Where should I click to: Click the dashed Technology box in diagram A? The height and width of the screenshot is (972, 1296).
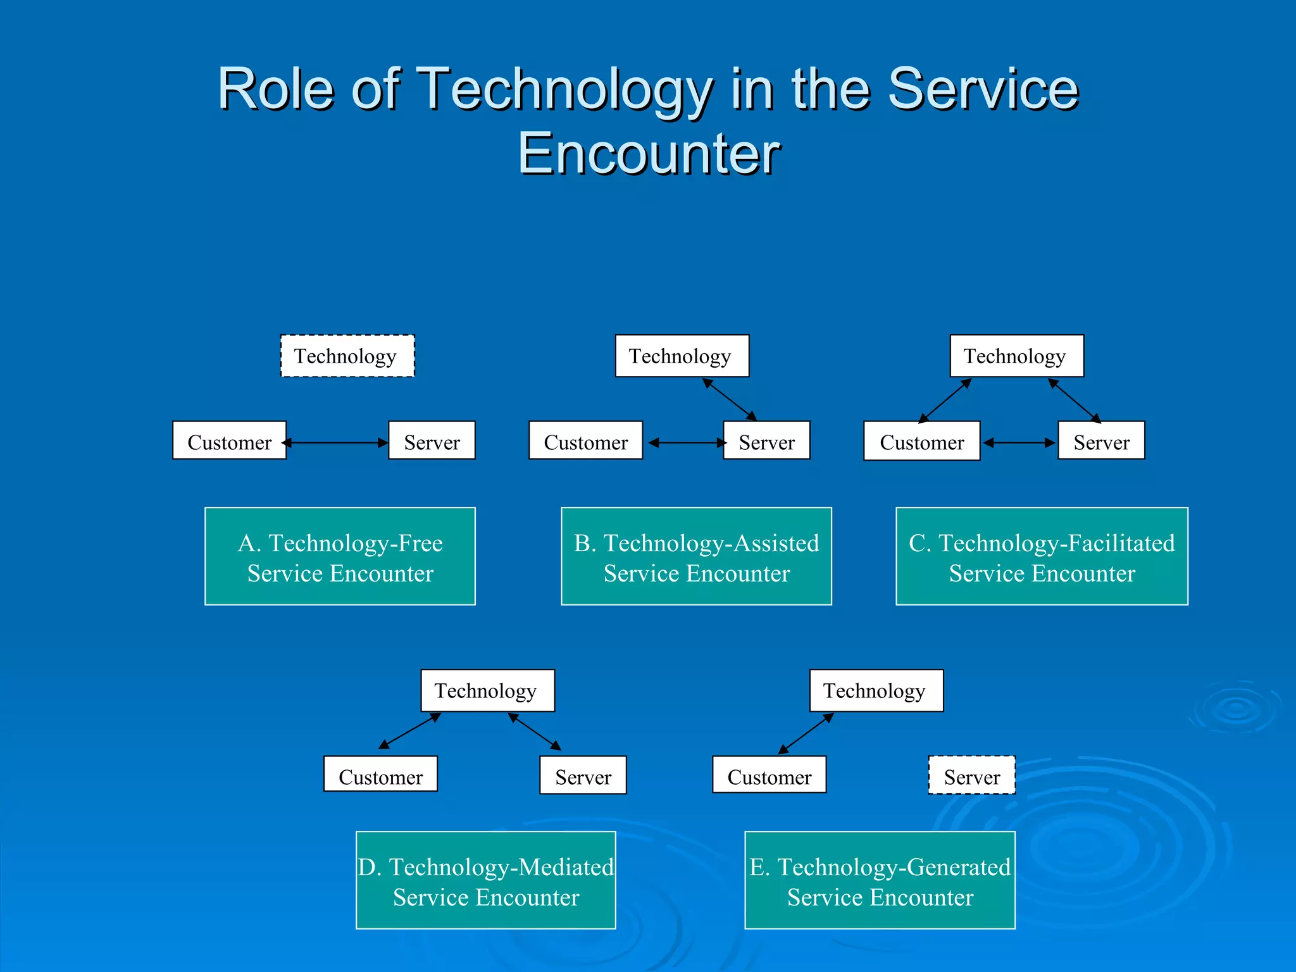(347, 356)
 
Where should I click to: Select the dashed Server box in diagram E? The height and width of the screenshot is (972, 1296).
(971, 775)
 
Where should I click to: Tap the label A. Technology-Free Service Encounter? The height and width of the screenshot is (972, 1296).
(340, 556)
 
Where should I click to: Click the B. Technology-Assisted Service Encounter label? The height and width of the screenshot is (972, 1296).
(696, 556)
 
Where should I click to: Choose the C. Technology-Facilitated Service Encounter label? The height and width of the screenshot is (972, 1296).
(1042, 556)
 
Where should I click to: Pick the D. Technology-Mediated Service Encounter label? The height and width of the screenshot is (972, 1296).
(485, 880)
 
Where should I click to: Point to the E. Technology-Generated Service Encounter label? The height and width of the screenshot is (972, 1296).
(880, 880)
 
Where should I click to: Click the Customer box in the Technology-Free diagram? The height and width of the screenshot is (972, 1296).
(229, 440)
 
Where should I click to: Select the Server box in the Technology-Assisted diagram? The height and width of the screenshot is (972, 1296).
(766, 440)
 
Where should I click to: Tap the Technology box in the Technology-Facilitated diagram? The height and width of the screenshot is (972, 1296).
(1016, 356)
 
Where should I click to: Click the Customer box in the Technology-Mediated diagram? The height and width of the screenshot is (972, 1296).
(380, 774)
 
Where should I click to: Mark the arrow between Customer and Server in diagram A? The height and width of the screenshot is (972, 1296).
(337, 443)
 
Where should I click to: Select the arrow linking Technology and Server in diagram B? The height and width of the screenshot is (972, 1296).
(730, 399)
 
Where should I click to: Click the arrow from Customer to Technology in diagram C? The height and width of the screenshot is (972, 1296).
(945, 401)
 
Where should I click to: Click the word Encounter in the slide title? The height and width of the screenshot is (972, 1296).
(649, 154)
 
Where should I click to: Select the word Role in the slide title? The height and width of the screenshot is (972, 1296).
(275, 89)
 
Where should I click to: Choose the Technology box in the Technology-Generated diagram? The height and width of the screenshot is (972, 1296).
(876, 690)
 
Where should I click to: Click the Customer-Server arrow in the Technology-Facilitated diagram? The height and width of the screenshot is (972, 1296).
(1019, 443)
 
